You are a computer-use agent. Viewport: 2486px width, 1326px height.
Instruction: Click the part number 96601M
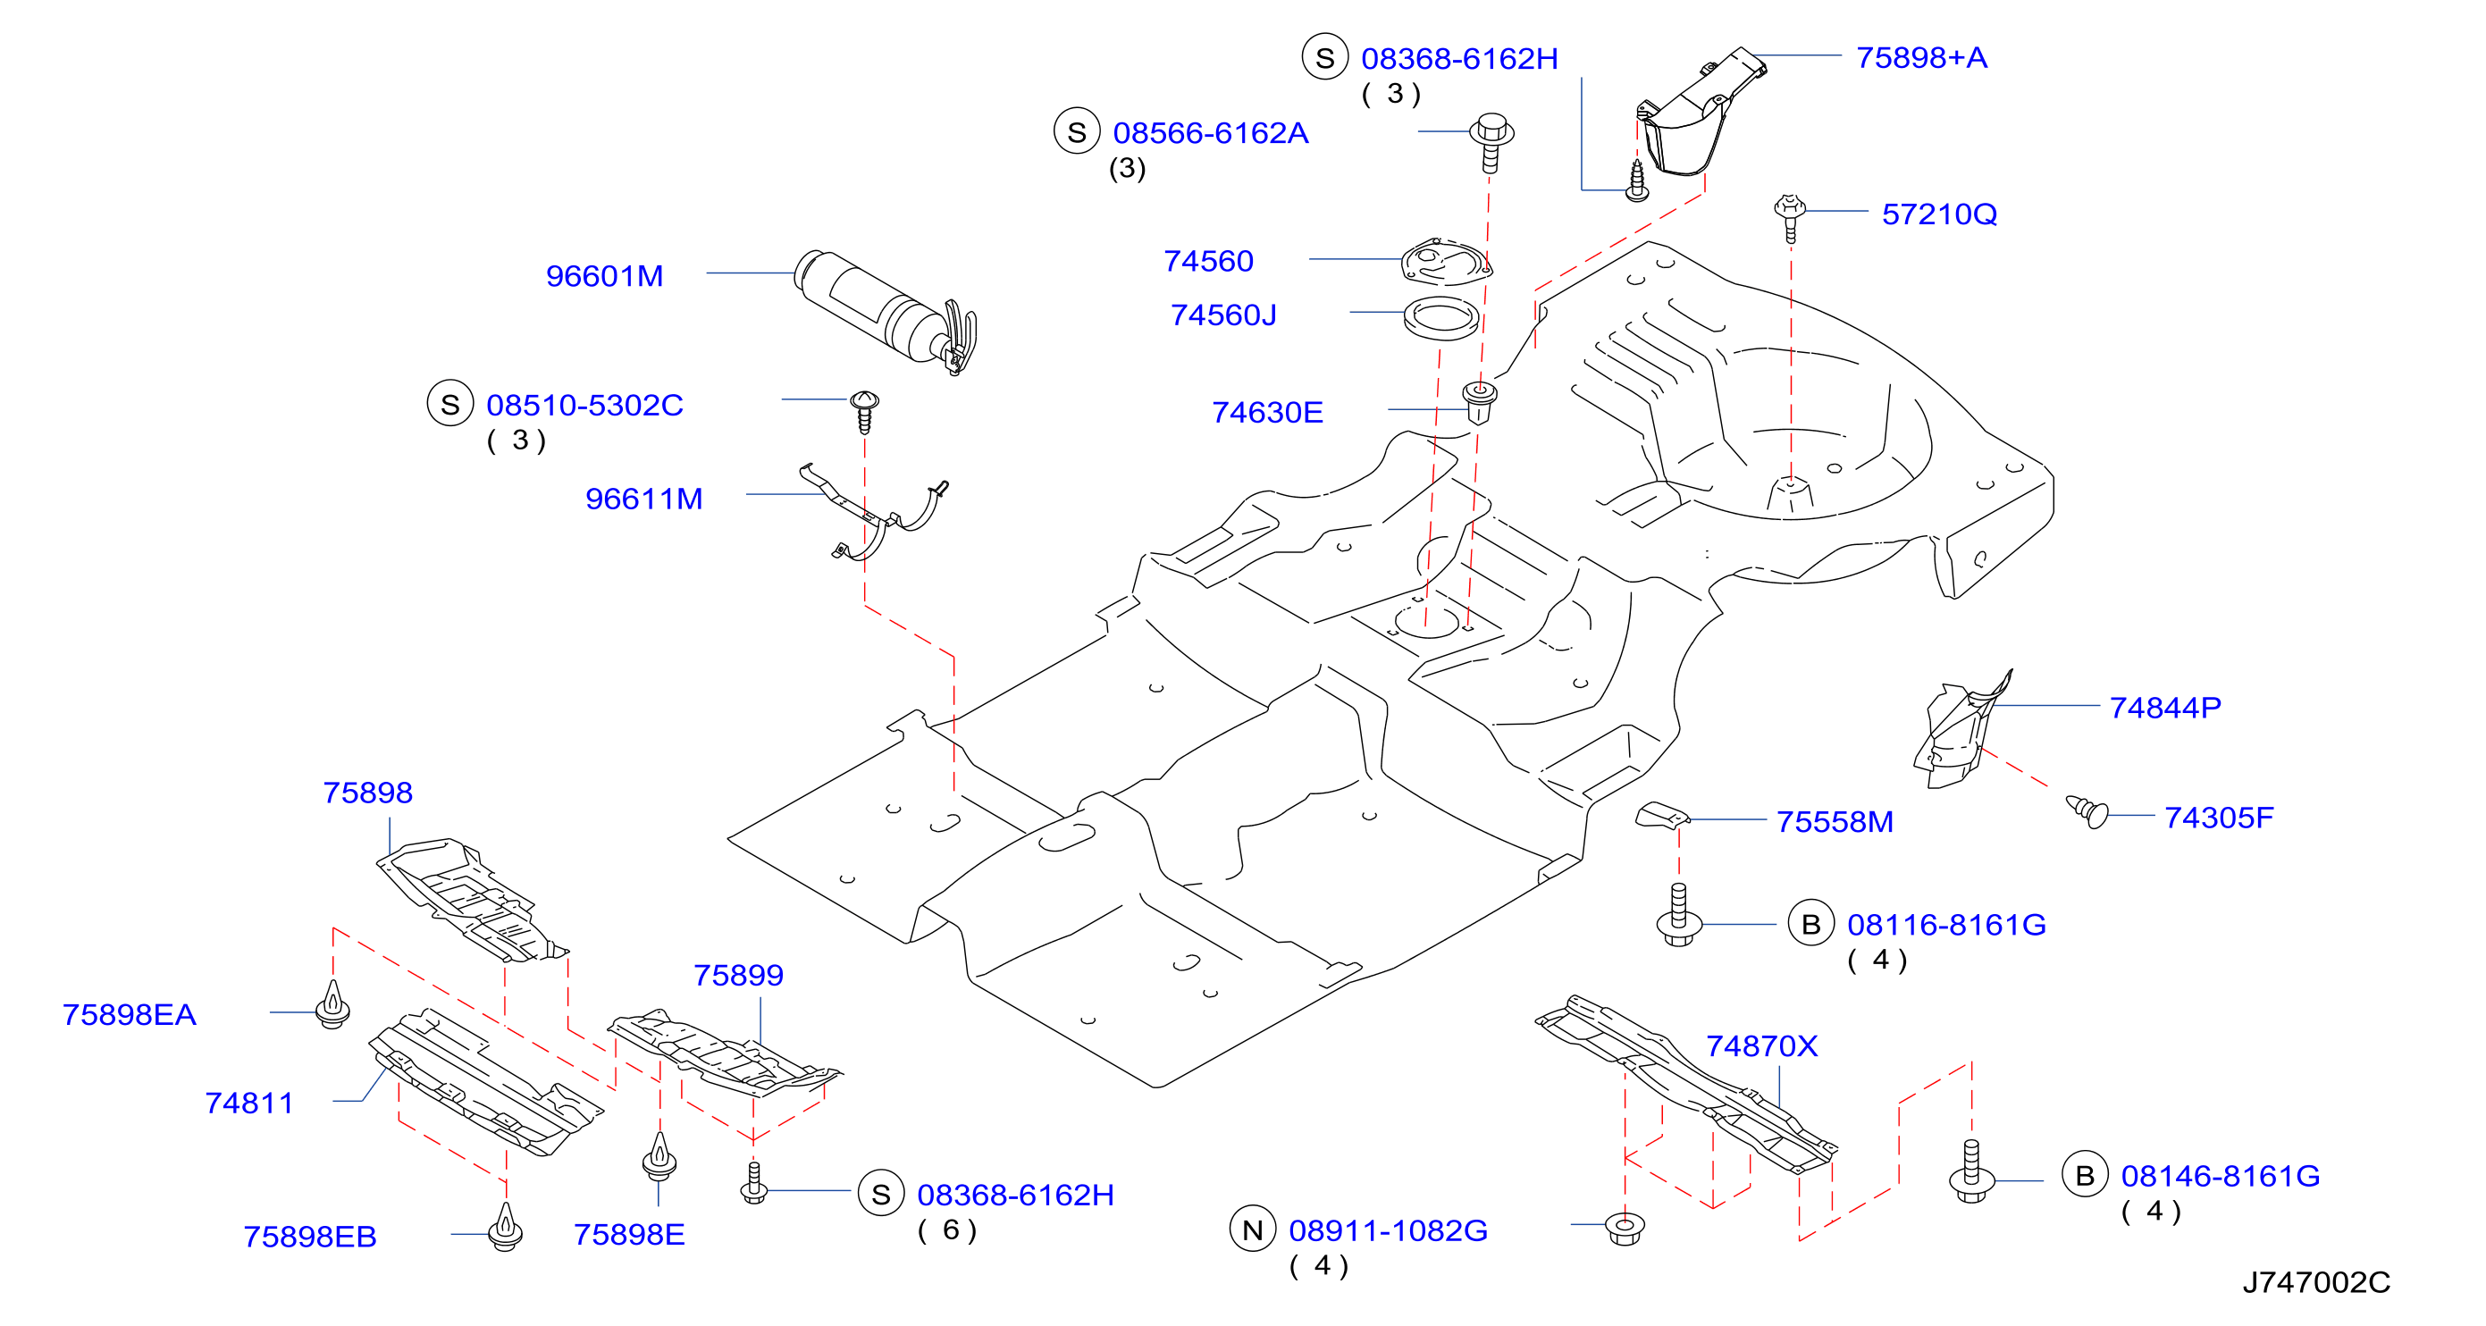click(604, 276)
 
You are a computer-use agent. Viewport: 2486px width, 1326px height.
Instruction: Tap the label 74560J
click(1222, 315)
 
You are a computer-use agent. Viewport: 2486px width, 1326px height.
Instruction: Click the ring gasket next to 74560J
click(1440, 319)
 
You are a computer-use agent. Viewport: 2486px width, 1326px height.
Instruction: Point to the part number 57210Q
click(1939, 214)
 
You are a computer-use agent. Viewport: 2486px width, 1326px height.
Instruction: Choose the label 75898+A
click(1921, 58)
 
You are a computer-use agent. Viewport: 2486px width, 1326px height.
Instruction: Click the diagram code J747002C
click(2316, 1282)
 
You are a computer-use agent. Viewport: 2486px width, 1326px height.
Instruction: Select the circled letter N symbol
click(1253, 1229)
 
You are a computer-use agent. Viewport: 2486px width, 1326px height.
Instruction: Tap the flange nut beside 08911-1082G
click(1625, 1229)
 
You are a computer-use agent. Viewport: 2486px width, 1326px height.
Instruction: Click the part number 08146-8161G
click(2220, 1177)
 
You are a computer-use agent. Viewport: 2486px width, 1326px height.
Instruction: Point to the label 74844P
click(2164, 709)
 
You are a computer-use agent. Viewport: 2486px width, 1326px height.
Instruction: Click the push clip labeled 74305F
click(2087, 810)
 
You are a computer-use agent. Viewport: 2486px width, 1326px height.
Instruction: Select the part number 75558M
click(1835, 822)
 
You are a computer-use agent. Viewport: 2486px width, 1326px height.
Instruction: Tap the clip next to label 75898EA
click(333, 1004)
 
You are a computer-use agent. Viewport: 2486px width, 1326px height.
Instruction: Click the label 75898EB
click(310, 1238)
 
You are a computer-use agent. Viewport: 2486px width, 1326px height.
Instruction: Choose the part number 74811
click(249, 1104)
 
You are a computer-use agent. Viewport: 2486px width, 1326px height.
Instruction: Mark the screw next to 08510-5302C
click(864, 412)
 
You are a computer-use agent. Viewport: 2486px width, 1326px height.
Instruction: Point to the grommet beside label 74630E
click(1480, 402)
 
